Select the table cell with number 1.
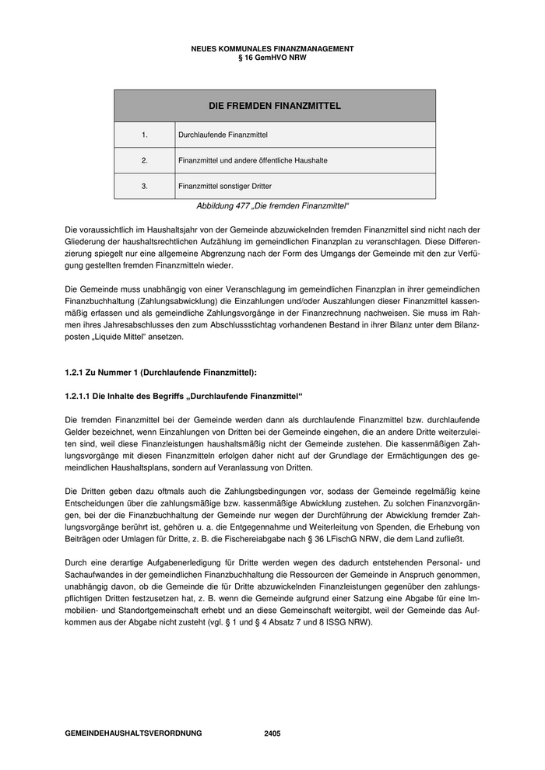pyautogui.click(x=145, y=135)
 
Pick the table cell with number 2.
pyautogui.click(x=145, y=160)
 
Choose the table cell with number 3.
pyautogui.click(x=145, y=186)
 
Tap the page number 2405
pyautogui.click(x=272, y=733)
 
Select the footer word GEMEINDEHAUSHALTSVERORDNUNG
pyautogui.click(x=134, y=733)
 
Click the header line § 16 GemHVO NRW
pyautogui.click(x=272, y=58)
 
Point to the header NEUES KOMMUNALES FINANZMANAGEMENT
pyautogui.click(x=272, y=49)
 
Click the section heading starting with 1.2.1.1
pyautogui.click(x=183, y=396)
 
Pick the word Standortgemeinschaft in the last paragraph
pyautogui.click(x=146, y=610)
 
